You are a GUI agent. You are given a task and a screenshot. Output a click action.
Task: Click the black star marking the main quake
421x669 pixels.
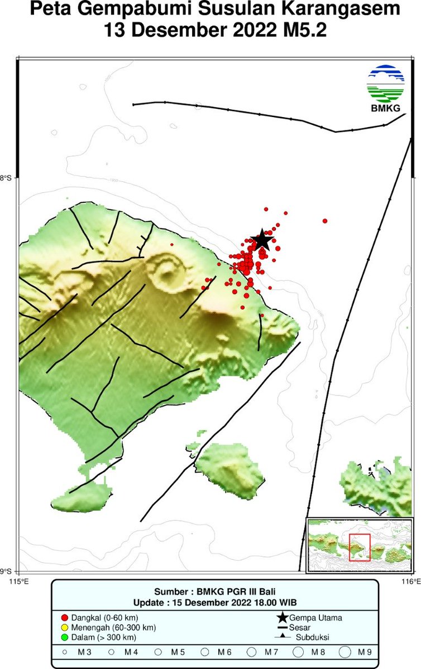tap(261, 240)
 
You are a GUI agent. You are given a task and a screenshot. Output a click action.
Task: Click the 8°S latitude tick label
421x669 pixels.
tap(7, 178)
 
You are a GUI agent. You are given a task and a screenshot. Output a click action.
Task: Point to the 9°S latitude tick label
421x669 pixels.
tap(7, 571)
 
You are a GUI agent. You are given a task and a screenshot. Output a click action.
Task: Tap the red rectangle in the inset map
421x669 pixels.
tap(360, 547)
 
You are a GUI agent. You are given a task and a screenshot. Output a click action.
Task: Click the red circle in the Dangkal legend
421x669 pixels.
tap(64, 618)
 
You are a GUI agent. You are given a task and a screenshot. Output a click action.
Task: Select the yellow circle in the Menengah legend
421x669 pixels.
tap(64, 627)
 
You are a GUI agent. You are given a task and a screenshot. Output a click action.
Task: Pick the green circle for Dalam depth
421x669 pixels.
tap(64, 637)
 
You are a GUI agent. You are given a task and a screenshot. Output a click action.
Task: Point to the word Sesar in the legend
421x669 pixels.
tap(300, 628)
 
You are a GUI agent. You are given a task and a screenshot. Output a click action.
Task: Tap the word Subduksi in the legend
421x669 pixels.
tap(312, 637)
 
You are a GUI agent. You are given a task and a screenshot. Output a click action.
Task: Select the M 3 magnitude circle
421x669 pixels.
tap(65, 652)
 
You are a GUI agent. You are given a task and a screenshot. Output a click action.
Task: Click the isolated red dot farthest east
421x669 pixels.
tap(325, 221)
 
